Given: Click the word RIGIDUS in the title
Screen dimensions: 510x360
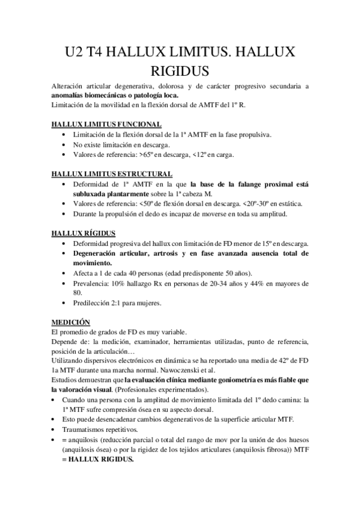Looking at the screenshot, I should [180, 70].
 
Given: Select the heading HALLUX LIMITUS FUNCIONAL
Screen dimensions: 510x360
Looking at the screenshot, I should [101, 124].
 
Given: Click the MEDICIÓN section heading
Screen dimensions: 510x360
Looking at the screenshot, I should [70, 322].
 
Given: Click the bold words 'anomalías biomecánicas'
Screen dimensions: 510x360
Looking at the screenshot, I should [87, 95].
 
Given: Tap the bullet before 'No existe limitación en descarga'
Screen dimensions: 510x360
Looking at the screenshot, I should [64, 145].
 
